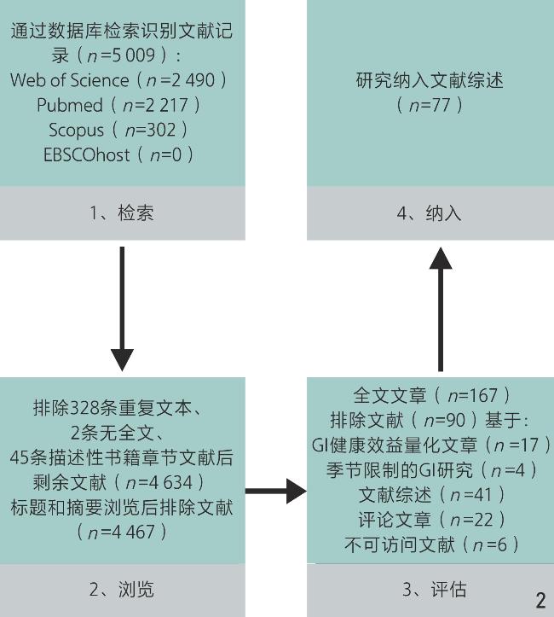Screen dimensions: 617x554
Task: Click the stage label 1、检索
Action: [122, 213]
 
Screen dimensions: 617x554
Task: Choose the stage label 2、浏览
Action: [122, 589]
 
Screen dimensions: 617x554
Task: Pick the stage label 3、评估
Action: [431, 589]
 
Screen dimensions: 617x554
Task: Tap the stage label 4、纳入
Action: [431, 213]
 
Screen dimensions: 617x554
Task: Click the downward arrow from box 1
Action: [122, 307]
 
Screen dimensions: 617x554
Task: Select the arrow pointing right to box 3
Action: [275, 492]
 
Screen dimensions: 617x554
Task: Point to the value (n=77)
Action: [430, 106]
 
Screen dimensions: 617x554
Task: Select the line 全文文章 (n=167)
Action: [431, 396]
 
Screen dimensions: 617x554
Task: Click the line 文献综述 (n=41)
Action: [431, 495]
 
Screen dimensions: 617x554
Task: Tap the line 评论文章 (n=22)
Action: [431, 520]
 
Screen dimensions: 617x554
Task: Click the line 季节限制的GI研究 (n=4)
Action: [431, 470]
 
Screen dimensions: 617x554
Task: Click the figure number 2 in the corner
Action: [540, 601]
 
